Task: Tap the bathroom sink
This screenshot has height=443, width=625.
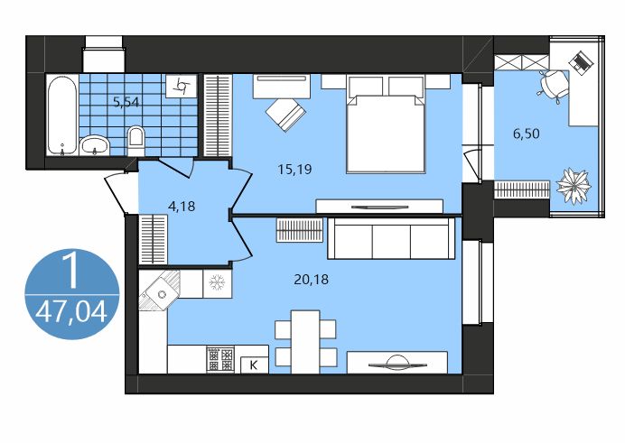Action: tap(94, 144)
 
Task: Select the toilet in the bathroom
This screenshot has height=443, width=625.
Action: tap(136, 138)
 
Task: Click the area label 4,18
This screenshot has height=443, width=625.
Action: tap(182, 206)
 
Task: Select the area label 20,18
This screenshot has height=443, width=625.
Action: tap(311, 279)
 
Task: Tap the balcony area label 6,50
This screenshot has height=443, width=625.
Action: tap(527, 134)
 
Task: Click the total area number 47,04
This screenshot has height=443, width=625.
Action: tap(70, 313)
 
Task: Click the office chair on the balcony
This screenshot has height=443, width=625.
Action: tap(551, 84)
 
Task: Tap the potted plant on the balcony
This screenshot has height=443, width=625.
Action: tap(573, 186)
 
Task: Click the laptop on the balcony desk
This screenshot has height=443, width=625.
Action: tap(581, 63)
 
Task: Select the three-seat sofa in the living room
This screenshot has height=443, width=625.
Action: tap(391, 238)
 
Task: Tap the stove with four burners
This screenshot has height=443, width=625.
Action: tap(220, 360)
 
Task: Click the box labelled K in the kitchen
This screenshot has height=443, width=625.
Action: tap(254, 365)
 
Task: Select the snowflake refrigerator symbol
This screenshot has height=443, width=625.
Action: tap(217, 281)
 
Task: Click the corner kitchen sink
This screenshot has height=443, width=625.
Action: tap(161, 291)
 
